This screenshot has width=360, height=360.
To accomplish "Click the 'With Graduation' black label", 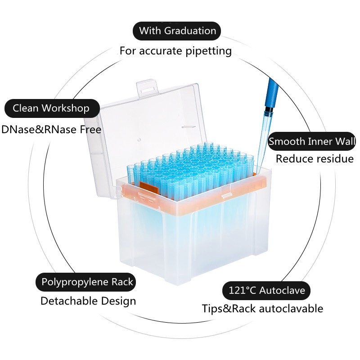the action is (177, 31).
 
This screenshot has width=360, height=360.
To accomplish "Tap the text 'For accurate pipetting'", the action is (175, 51).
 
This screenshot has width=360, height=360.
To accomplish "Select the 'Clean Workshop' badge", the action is (52, 108).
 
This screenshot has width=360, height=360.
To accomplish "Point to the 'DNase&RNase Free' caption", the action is (51, 130).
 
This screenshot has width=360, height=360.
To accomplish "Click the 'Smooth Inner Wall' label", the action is (312, 141).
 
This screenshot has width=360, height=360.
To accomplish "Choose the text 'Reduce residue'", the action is (315, 159).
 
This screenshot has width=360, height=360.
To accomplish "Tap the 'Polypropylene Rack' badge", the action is (85, 282).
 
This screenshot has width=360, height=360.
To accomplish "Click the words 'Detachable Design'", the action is (88, 301).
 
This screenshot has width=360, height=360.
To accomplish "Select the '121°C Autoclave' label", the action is (266, 290).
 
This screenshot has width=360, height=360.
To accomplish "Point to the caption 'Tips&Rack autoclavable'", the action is (262, 309).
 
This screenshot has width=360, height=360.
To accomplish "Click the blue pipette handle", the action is (272, 94).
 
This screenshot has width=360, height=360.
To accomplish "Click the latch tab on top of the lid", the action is (148, 88).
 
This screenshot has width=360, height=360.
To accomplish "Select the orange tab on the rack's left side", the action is (149, 188).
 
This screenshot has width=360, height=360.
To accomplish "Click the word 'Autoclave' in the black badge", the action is (283, 290).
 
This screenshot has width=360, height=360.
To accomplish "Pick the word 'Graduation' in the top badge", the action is (190, 31).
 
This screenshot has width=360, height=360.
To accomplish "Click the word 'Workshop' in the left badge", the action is (66, 108).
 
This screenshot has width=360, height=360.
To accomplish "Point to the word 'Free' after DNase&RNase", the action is (90, 130).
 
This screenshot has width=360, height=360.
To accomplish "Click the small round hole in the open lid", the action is (139, 139).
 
